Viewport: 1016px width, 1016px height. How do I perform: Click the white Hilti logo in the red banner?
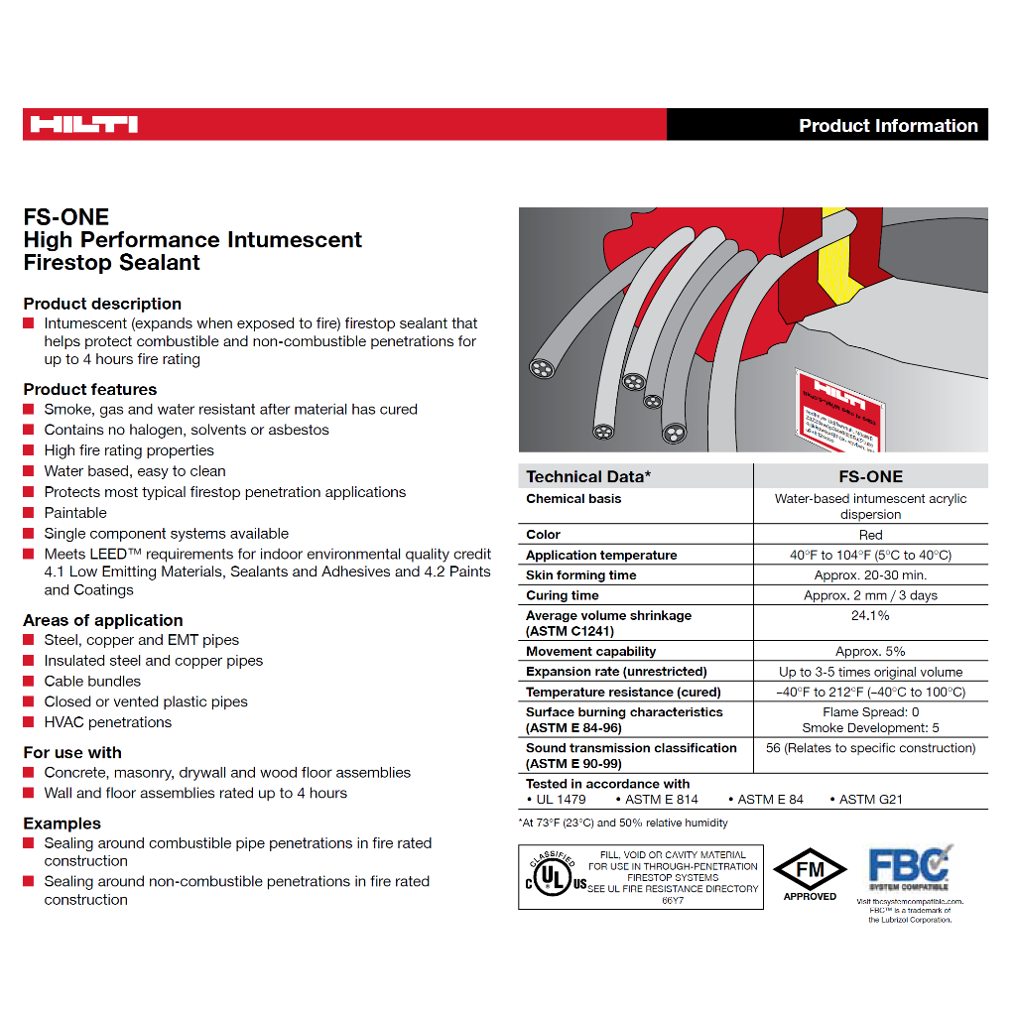click(x=83, y=125)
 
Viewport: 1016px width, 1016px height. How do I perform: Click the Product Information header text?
click(x=888, y=126)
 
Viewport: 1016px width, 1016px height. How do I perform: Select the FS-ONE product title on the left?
click(x=66, y=217)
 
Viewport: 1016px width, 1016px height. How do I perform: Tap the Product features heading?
click(x=90, y=389)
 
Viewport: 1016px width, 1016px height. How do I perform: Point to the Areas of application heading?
click(x=103, y=620)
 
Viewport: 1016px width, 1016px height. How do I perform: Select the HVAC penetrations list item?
click(x=107, y=722)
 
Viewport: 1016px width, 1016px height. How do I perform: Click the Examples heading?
click(x=63, y=824)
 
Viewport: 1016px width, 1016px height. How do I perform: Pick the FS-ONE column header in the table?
click(x=870, y=476)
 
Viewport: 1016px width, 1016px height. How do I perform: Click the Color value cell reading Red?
click(x=870, y=535)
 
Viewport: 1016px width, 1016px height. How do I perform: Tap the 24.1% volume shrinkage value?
click(x=870, y=616)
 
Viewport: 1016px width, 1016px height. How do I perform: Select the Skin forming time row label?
click(x=581, y=575)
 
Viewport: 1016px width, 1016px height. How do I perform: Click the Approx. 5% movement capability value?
click(x=870, y=652)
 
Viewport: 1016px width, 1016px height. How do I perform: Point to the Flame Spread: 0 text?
click(x=870, y=712)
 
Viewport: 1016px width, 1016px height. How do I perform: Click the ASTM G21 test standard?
click(x=870, y=800)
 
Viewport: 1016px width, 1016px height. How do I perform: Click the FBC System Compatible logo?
click(x=910, y=868)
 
